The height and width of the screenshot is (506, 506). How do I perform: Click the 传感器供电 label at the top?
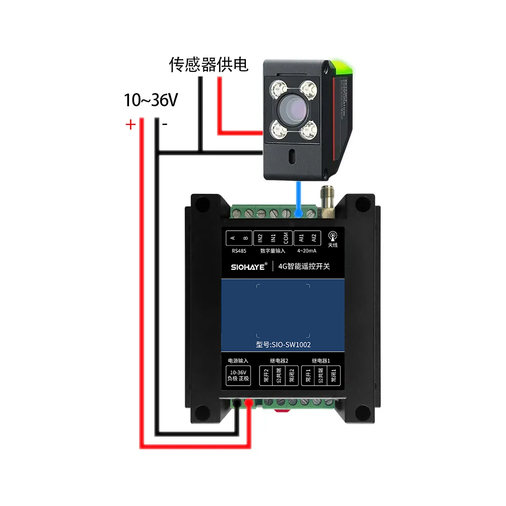click(x=208, y=64)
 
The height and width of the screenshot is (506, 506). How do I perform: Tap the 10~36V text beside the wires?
click(x=151, y=100)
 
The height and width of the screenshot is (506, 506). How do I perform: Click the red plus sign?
click(x=131, y=124)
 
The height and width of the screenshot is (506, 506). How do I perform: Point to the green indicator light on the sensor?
click(x=344, y=66)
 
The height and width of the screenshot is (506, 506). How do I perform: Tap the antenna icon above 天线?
click(x=332, y=236)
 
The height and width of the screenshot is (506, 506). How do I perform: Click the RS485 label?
click(x=239, y=250)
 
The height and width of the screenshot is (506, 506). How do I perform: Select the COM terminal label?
click(x=286, y=238)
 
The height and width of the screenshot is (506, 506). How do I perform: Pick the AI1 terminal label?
click(x=301, y=238)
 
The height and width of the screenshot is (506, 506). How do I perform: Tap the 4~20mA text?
click(x=307, y=250)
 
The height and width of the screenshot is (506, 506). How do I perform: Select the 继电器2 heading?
click(x=277, y=361)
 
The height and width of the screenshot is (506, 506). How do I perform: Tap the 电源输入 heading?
click(x=237, y=361)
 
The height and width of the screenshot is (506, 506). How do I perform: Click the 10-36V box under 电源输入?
click(x=237, y=375)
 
